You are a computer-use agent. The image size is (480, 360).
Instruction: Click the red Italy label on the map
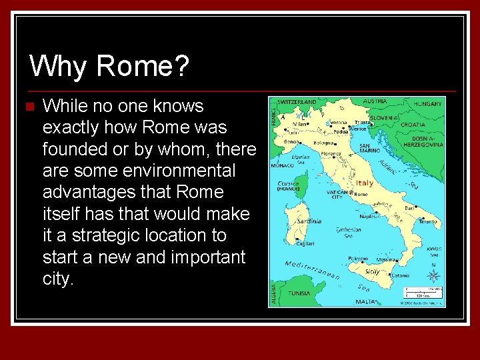point(364,183)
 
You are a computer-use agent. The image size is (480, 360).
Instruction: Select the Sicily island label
point(371,272)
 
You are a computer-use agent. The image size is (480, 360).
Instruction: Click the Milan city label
point(300,124)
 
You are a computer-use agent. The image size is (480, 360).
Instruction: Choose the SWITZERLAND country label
point(297,102)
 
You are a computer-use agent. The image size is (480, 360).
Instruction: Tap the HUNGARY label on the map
point(427,104)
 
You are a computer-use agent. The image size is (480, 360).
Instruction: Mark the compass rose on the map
point(434,275)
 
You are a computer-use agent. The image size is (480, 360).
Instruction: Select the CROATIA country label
point(413,124)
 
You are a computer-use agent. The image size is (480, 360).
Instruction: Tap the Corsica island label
point(289,183)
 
